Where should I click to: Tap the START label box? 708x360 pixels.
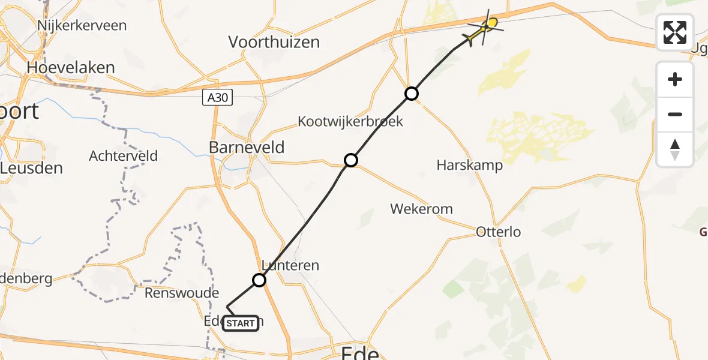click(241, 323)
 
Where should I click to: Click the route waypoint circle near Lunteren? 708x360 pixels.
click(259, 280)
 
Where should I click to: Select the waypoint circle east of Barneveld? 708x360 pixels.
click(351, 160)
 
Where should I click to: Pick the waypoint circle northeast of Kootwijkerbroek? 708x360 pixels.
click(411, 94)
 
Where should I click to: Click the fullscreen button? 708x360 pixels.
click(675, 32)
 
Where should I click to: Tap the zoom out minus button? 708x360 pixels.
click(675, 114)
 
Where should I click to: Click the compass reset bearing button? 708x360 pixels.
click(675, 149)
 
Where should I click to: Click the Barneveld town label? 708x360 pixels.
click(247, 148)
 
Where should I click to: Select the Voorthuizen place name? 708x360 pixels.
click(274, 42)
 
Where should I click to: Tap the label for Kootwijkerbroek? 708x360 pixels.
click(350, 121)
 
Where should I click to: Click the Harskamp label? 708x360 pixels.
click(470, 166)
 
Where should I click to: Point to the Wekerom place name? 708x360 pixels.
click(421, 209)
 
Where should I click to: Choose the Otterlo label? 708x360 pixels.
click(498, 232)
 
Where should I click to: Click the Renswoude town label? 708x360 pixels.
click(182, 293)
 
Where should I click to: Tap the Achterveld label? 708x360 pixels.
click(123, 156)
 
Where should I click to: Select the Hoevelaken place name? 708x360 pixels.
click(71, 67)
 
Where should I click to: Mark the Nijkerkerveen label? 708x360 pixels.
click(82, 25)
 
